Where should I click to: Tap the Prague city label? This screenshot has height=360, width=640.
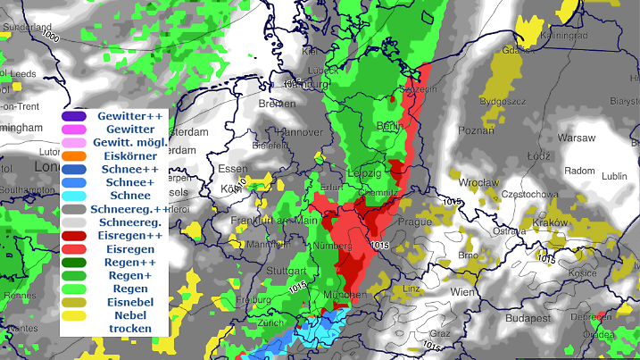pos(415,222)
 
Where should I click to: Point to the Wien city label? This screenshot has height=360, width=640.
pos(462,293)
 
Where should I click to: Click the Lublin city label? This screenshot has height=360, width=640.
pos(614,176)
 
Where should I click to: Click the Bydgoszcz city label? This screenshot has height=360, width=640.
pos(503,102)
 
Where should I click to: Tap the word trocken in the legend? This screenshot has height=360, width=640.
pos(126,329)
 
